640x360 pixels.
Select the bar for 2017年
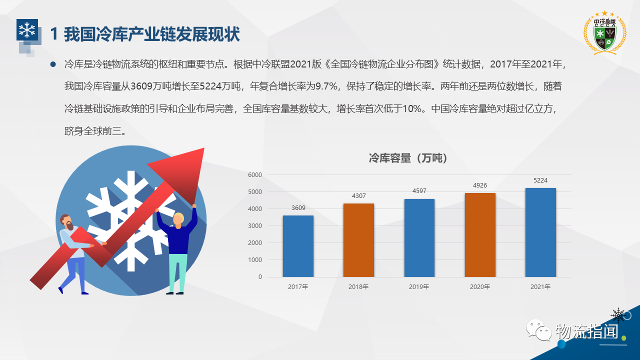pos(298,246)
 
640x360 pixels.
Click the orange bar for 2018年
pos(358,240)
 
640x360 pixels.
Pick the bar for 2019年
pos(419,237)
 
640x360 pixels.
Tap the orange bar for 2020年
pos(480,235)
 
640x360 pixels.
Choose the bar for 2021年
pos(540,232)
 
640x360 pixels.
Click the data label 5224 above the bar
pos(540,180)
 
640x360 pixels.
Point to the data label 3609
pos(298,207)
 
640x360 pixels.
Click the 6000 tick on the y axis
pos(255,175)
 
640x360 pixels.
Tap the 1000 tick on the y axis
pos(255,260)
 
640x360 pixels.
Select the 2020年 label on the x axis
pos(480,286)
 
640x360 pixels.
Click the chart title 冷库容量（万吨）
pos(408,158)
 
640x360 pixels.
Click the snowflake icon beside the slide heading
pos(27,29)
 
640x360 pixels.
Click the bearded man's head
pos(66,222)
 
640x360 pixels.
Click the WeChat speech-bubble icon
pos(539,330)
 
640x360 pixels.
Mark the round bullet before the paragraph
pos(53,64)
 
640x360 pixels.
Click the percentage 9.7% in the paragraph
pos(326,86)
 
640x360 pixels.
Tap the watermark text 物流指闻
pos(587,331)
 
